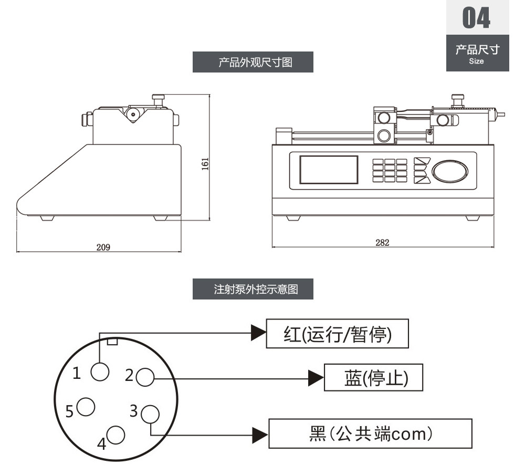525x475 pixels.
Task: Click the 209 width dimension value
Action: [x=103, y=247]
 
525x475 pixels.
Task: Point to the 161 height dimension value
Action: [x=205, y=163]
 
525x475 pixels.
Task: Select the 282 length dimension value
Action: [x=382, y=242]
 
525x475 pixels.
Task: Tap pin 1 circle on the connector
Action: [x=100, y=372]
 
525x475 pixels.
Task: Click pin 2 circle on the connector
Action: [x=145, y=377]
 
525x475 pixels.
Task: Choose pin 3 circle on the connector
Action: [x=150, y=414]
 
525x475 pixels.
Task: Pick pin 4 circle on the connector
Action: [x=115, y=435]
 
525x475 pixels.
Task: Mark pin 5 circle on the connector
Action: [x=86, y=407]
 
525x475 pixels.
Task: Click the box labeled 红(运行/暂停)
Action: [x=337, y=334]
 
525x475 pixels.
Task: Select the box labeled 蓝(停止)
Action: [x=373, y=377]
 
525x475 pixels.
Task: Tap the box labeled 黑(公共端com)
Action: [x=370, y=433]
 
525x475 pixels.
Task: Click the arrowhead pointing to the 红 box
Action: [x=259, y=333]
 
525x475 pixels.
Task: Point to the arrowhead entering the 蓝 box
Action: [x=316, y=378]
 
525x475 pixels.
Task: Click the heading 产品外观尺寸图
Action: [x=255, y=63]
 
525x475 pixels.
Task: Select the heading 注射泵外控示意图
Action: [x=256, y=289]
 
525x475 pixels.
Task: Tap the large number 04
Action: [x=476, y=18]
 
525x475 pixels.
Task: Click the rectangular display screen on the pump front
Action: [x=329, y=170]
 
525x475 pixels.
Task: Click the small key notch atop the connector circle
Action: [x=112, y=342]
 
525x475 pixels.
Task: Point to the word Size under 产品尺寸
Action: [x=476, y=61]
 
